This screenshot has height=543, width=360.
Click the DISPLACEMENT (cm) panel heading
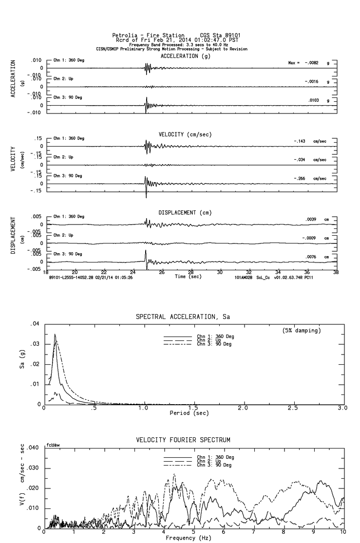[x=184, y=213]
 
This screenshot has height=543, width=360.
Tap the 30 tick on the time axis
[x=220, y=272]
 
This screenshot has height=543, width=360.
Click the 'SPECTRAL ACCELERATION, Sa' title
[x=183, y=317]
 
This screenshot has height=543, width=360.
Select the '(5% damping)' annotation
[x=301, y=331]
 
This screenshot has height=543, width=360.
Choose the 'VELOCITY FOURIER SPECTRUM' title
[x=183, y=440]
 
